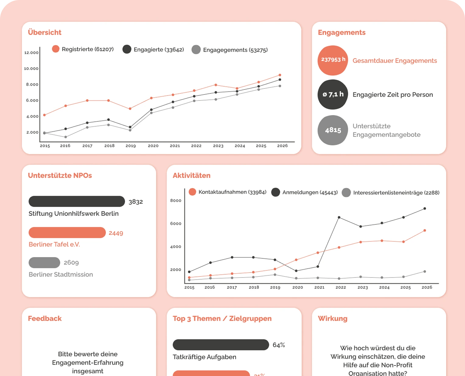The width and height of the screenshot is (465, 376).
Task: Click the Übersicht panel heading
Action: coord(44,32)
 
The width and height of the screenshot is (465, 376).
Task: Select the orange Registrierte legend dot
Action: coord(56,49)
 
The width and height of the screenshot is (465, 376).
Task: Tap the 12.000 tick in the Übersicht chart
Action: coord(31,53)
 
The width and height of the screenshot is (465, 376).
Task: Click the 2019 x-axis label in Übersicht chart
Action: coord(131,145)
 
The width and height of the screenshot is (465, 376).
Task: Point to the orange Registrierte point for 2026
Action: coord(280,75)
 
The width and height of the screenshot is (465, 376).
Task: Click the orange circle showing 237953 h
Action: coord(333,61)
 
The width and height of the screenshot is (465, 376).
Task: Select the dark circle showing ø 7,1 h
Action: coord(333,94)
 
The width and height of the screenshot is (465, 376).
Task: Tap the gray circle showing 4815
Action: coord(333,130)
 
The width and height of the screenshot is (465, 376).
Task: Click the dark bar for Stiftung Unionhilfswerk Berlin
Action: coord(77,201)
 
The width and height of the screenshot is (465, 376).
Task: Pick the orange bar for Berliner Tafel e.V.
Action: coord(67,232)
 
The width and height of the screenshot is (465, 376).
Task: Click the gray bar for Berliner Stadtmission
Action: coord(44,263)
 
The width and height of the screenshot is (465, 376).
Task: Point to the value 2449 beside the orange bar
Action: coord(116,233)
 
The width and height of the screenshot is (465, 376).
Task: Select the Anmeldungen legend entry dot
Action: coord(275,192)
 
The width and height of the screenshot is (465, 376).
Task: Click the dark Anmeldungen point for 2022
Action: coord(339,217)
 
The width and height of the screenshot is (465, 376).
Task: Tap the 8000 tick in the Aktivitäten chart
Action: coord(176,200)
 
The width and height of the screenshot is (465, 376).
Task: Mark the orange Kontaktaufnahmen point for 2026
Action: coord(425,231)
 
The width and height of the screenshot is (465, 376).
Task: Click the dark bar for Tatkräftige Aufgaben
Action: coord(221,345)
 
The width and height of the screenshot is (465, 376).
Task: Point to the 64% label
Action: coord(279,345)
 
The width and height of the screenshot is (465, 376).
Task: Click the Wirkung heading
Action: coord(333,319)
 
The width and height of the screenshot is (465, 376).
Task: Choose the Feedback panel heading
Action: coord(45,319)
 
